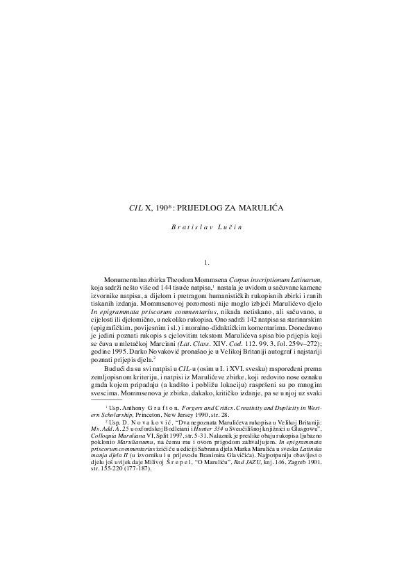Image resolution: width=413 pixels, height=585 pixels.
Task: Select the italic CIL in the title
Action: coord(135,207)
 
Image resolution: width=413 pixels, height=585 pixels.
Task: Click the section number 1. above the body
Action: coord(206,262)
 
